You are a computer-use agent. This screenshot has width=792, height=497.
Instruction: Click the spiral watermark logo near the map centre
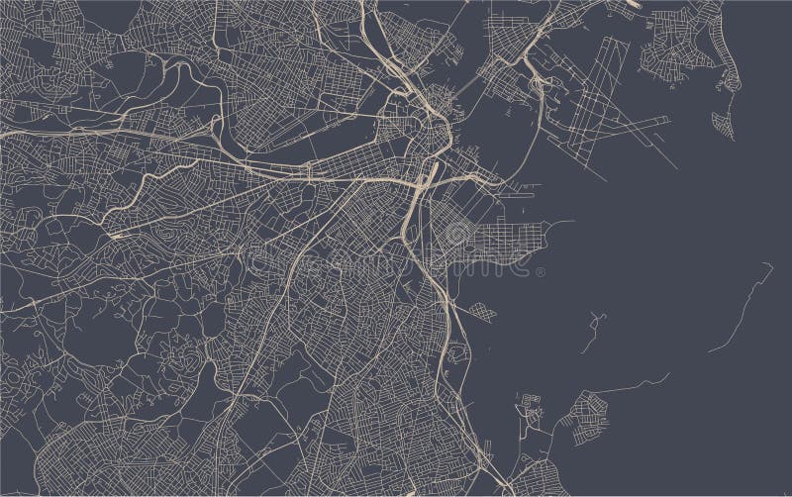[x=458, y=235]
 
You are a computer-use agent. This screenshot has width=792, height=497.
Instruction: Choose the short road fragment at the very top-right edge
[x=634, y=4]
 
